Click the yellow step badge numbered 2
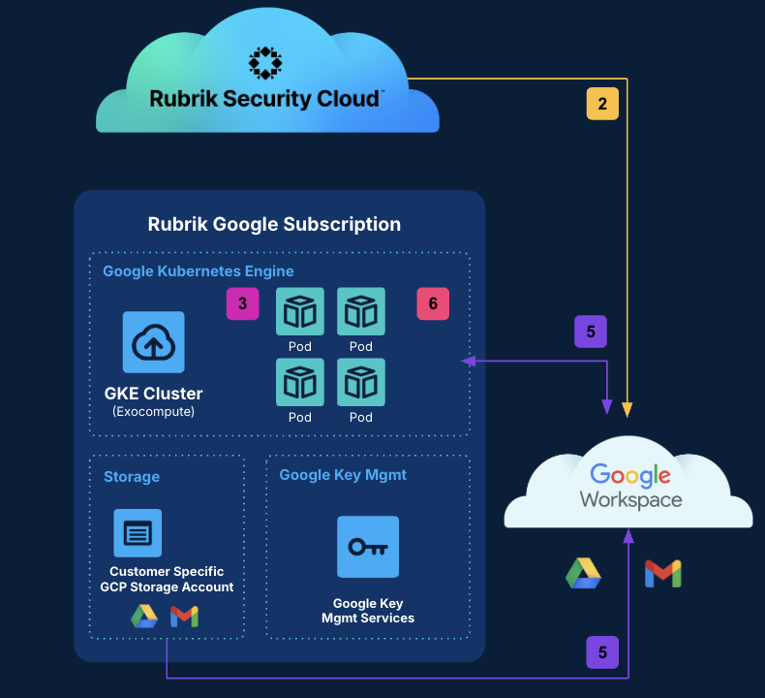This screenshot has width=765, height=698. (x=602, y=104)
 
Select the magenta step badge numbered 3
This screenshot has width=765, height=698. (x=242, y=303)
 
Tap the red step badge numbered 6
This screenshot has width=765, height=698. (x=433, y=303)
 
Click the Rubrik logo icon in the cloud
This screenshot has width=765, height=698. (x=265, y=62)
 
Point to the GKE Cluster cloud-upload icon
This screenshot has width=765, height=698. (x=153, y=342)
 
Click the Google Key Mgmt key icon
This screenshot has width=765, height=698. (x=368, y=547)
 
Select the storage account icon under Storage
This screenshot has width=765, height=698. (x=138, y=532)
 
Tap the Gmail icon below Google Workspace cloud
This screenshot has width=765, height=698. (x=663, y=573)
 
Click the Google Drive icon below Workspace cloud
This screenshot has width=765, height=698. (x=583, y=573)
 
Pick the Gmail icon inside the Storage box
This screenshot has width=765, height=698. (x=184, y=617)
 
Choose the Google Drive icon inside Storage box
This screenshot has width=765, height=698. (x=144, y=617)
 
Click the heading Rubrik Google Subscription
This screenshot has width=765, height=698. (x=274, y=224)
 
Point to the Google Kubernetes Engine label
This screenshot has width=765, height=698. (x=199, y=270)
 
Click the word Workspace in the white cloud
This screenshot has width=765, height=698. (x=630, y=500)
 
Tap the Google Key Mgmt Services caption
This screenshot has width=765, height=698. (x=368, y=611)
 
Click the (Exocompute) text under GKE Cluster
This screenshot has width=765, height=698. (x=153, y=411)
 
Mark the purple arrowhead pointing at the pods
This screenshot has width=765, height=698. (x=467, y=362)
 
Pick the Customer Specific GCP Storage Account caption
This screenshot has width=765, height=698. (x=167, y=579)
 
